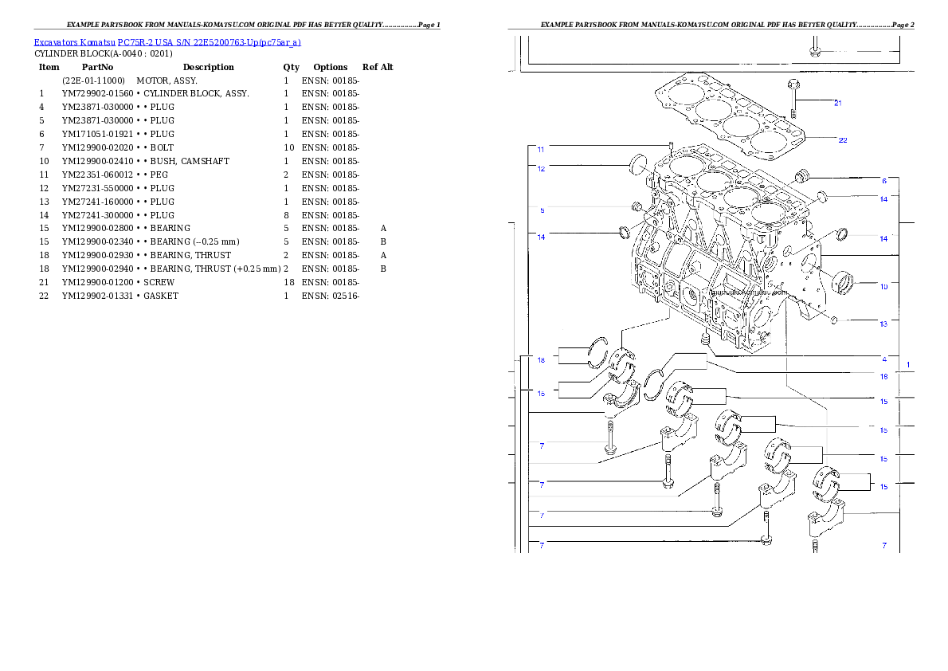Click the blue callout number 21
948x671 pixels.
(x=837, y=103)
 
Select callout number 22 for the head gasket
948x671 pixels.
(x=842, y=140)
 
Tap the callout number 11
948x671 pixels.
(x=541, y=149)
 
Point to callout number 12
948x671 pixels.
(x=541, y=168)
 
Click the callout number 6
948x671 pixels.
(x=883, y=181)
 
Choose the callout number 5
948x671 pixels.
(x=542, y=210)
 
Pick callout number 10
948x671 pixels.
(x=883, y=286)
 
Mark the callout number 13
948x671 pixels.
(x=883, y=324)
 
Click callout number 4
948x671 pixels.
(x=883, y=359)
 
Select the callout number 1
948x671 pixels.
(x=907, y=364)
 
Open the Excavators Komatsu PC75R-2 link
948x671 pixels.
(x=167, y=42)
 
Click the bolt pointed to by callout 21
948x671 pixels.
(x=793, y=100)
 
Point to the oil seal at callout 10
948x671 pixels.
(x=842, y=281)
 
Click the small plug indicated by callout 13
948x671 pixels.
(x=833, y=320)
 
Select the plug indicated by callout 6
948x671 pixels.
(x=804, y=175)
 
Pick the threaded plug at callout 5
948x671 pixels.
(x=637, y=209)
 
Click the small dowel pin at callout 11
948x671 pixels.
(x=672, y=148)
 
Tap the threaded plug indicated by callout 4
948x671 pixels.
(x=705, y=342)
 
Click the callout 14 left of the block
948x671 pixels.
(x=541, y=237)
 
